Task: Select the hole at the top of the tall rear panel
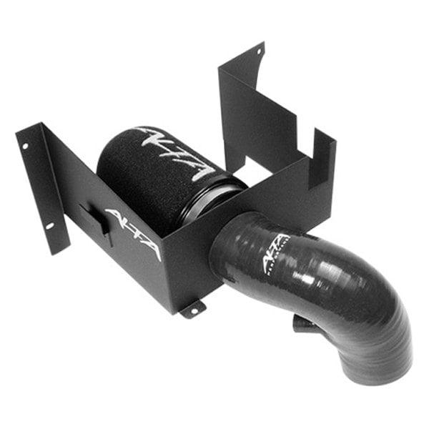point(260,54)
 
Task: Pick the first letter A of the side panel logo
point(114,216)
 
